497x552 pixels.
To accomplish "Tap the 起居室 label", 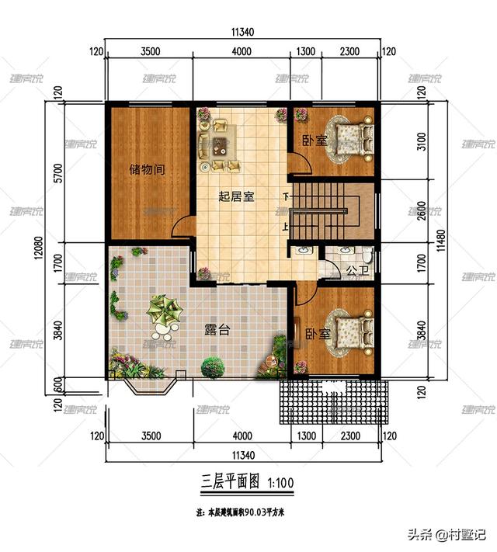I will pos(237,196).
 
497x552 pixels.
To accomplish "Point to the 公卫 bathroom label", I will pos(356,271).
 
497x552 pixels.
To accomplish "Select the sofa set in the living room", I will pos(218,143).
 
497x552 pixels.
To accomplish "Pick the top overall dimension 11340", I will pos(242,33).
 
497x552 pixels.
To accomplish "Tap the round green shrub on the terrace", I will pos(212,365).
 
